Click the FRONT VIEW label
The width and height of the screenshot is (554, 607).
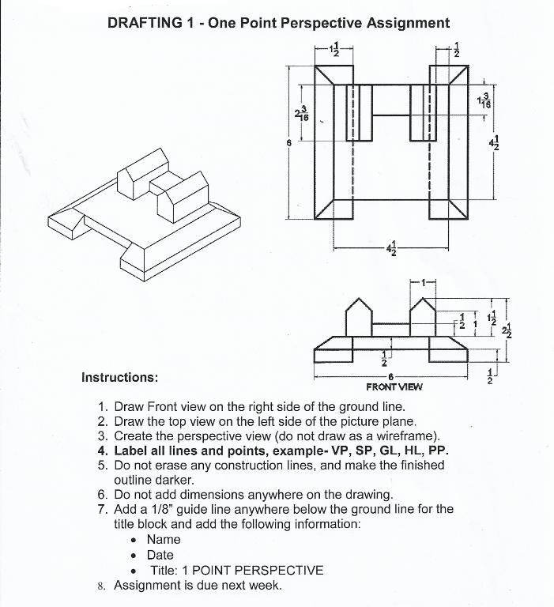pos(394,387)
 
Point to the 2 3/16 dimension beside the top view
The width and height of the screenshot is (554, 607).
pos(301,114)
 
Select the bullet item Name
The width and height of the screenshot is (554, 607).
pos(164,539)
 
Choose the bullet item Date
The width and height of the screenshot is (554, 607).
pos(160,555)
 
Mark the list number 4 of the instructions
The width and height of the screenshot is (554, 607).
pos(102,451)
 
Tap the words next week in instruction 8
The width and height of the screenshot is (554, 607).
pos(254,586)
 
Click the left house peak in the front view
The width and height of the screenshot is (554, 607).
pos(360,300)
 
